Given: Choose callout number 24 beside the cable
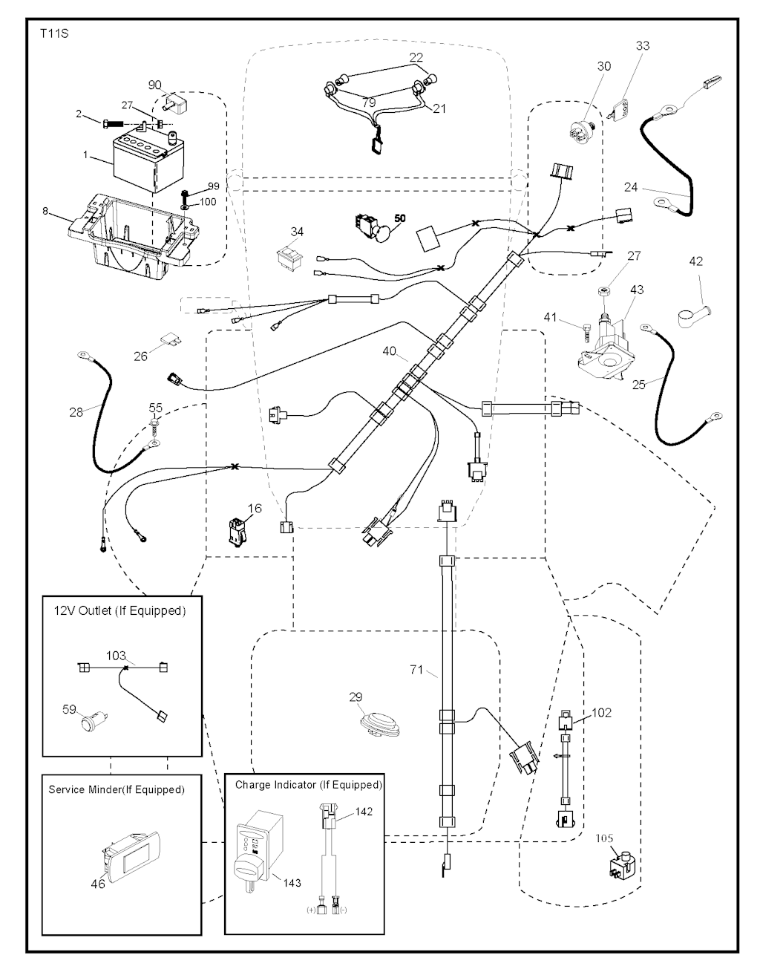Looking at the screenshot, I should pos(630,187).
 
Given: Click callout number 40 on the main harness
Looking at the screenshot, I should pos(389,350).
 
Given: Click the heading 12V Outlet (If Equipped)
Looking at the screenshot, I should pos(119,610).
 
